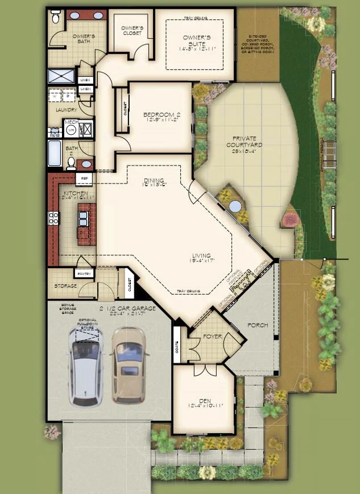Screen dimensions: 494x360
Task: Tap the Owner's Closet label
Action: coord(132,30)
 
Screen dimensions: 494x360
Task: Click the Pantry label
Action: coord(84,274)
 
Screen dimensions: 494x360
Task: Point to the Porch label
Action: coord(257,325)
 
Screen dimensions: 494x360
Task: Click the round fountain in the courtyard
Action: coord(234,206)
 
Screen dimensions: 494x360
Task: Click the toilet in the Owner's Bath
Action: coord(55,19)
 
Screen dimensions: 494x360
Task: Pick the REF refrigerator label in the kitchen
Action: coord(84,178)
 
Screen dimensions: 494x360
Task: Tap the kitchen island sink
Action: coord(83,217)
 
